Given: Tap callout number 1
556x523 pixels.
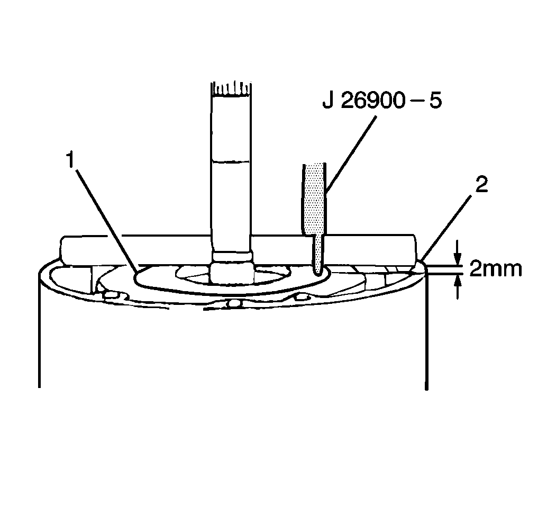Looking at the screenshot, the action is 70,159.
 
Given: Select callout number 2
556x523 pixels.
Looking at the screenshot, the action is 481,185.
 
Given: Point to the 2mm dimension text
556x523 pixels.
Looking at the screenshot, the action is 495,269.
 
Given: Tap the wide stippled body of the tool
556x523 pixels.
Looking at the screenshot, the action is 314,199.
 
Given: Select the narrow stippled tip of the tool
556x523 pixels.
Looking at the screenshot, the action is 318,254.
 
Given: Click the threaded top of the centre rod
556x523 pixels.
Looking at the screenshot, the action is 231,89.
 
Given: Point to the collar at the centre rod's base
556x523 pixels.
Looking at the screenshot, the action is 232,268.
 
